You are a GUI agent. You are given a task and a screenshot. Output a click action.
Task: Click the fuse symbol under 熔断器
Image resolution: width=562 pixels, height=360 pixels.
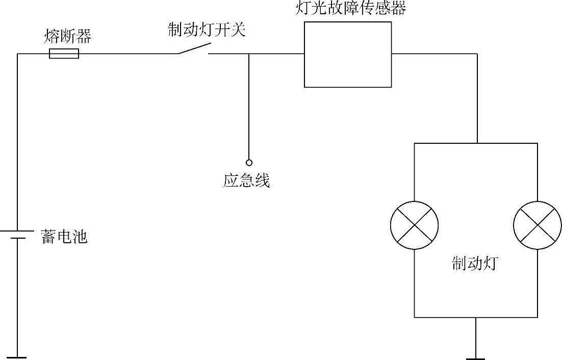tap(64, 54)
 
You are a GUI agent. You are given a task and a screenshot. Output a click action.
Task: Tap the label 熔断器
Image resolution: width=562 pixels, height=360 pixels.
tap(68, 37)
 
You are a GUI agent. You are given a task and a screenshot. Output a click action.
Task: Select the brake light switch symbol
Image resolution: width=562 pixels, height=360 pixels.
tap(193, 48)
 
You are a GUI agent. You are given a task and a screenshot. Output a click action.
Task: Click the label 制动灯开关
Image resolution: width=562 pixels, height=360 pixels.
tap(207, 30)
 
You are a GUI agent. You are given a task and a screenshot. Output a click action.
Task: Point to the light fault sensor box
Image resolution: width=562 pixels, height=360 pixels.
tap(348, 55)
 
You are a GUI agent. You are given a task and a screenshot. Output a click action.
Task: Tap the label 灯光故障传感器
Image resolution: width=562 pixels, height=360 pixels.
tap(351, 9)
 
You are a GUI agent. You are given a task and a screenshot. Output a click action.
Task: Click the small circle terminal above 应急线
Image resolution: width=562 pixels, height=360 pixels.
tap(249, 163)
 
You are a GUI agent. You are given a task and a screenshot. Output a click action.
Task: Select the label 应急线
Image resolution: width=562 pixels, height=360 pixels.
tap(246, 181)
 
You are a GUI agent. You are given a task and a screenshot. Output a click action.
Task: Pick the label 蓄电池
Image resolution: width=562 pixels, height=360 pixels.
tap(64, 237)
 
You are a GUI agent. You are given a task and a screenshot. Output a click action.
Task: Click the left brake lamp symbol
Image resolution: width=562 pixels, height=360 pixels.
tap(414, 225)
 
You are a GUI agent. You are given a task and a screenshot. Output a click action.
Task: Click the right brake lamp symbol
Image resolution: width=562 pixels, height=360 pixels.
tap(537, 225)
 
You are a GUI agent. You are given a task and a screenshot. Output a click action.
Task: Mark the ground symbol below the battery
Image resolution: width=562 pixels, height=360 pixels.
tap(17, 357)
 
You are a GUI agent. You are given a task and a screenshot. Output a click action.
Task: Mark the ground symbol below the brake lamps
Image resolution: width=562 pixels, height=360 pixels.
tap(475, 358)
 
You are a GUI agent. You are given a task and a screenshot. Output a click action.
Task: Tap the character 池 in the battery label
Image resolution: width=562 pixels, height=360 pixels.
tap(80, 237)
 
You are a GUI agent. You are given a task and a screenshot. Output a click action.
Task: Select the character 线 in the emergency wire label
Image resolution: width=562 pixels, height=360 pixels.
tap(262, 181)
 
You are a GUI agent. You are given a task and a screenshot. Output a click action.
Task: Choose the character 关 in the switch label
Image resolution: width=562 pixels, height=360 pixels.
tap(238, 30)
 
